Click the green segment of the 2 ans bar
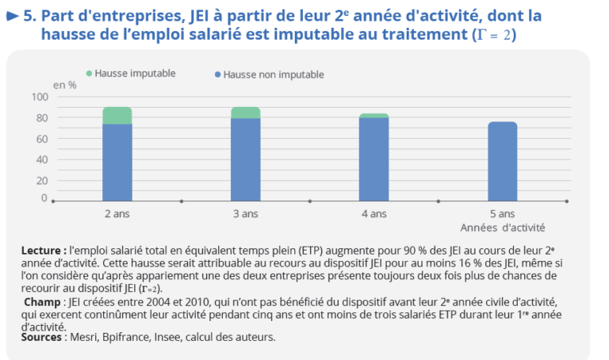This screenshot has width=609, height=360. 117,115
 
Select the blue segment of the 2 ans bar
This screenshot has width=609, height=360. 117,163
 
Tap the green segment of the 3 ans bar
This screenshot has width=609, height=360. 246,113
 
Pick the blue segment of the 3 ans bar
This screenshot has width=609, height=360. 246,160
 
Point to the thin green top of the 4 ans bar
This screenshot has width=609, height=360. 374,116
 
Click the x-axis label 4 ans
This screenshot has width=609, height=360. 374,214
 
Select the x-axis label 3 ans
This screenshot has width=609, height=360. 246,214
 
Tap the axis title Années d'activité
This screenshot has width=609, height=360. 503,228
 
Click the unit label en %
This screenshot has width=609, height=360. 65,85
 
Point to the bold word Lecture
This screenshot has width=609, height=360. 41,251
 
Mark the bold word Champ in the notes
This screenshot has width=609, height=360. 44,302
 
